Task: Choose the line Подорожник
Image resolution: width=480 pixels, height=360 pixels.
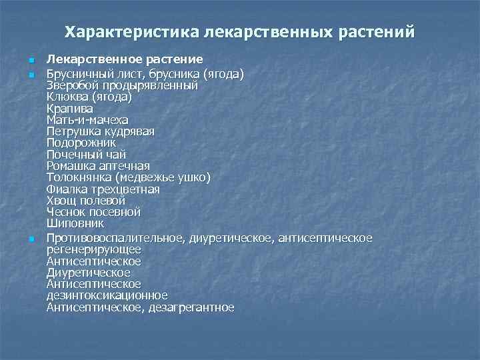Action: [81, 143]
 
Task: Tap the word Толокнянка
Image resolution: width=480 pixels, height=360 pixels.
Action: [79, 177]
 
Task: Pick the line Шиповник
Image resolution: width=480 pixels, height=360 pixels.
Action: [75, 223]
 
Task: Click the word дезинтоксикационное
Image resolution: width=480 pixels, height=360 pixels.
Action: [107, 295]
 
